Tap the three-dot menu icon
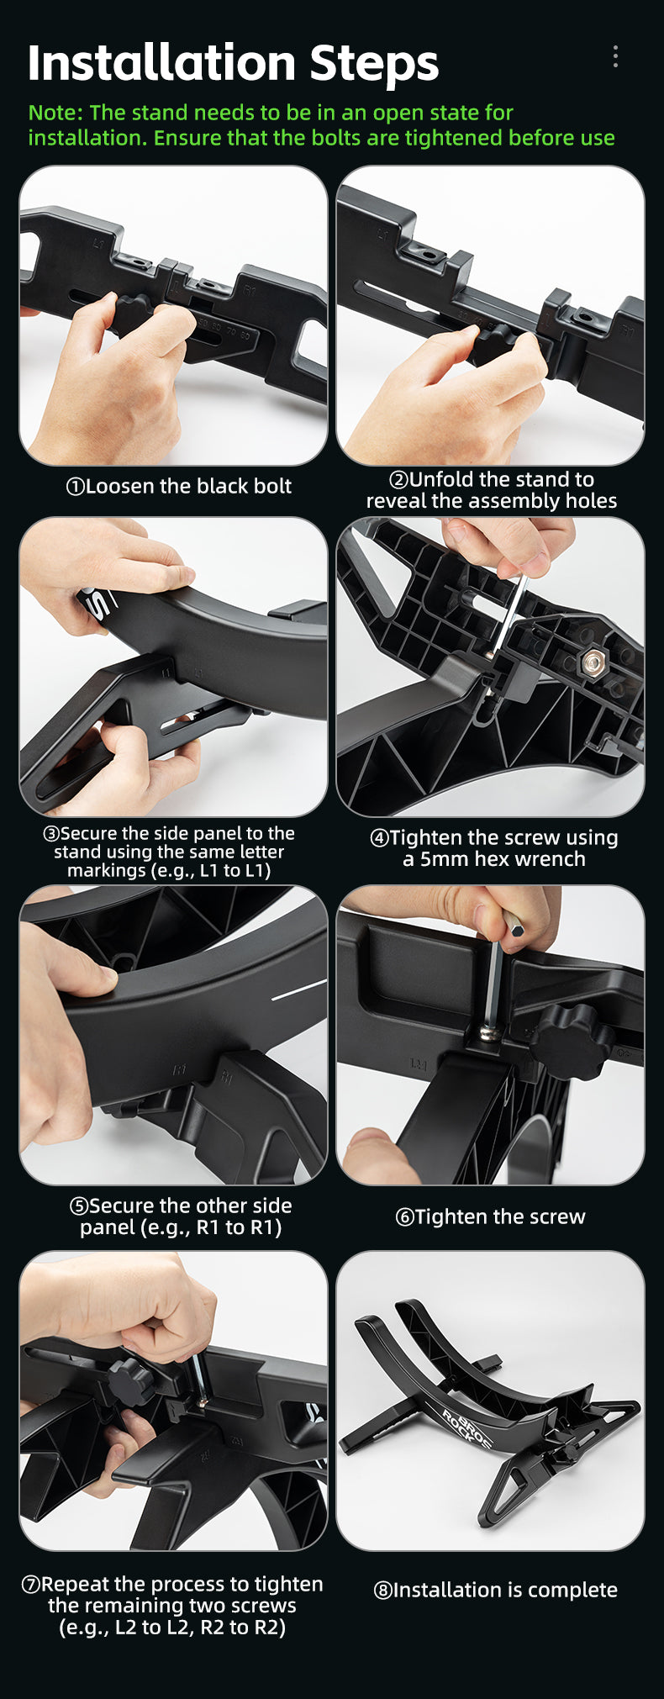click(615, 56)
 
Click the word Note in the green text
click(53, 113)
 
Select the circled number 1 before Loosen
click(75, 487)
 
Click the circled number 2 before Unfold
click(398, 480)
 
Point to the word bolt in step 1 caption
click(270, 486)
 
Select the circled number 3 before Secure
click(51, 834)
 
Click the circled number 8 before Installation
click(382, 1591)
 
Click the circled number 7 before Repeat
click(30, 1585)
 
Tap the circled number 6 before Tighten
click(404, 1217)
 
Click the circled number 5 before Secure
click(79, 1206)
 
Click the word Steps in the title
click(374, 63)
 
